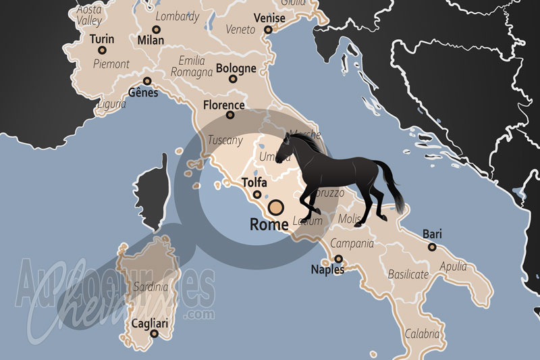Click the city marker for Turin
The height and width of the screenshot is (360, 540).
point(102,50)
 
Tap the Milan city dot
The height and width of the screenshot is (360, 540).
point(156,29)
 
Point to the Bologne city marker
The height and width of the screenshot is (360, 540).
point(233,79)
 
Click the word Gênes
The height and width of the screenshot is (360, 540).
point(142,93)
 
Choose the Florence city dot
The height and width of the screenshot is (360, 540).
point(230,115)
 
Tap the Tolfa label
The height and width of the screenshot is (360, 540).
point(254,183)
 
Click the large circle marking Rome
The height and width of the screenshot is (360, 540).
point(275,207)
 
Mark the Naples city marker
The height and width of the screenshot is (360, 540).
point(338,258)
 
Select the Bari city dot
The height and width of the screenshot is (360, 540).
point(432,247)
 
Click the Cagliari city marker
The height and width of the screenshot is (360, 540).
point(155,334)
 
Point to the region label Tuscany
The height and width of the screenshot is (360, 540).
point(225,140)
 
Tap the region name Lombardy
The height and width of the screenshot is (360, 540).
point(178,16)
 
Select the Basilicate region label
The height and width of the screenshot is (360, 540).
point(408,274)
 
